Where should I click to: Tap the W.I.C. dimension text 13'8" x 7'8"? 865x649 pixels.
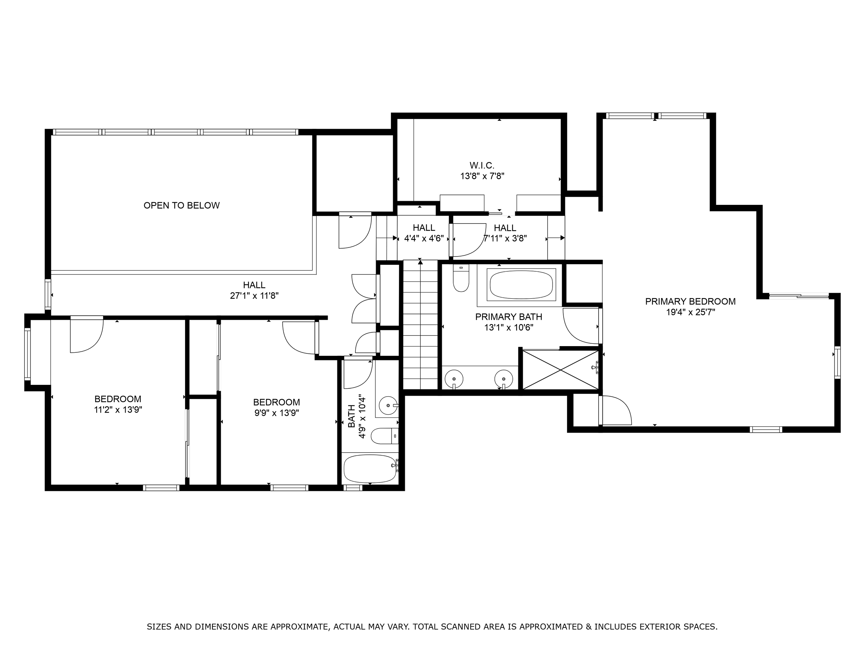[x=482, y=176]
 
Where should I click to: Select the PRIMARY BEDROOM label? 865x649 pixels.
[x=690, y=301]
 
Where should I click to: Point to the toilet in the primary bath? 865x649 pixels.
[x=461, y=279]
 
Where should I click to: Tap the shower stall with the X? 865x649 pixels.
[x=561, y=370]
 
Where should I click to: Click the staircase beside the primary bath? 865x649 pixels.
[x=420, y=324]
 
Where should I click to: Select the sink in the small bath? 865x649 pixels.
[x=388, y=405]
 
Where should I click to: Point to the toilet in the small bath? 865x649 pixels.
[x=384, y=436]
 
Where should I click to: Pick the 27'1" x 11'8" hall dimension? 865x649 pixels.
[x=254, y=296]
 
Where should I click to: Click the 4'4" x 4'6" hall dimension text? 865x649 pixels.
[x=424, y=238]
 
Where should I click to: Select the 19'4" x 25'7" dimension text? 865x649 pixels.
[x=691, y=312]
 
